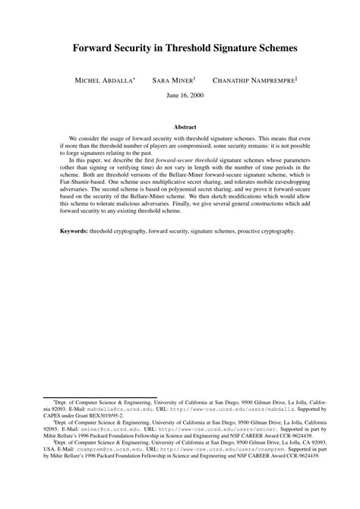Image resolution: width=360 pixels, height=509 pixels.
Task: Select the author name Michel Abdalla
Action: pos(104,79)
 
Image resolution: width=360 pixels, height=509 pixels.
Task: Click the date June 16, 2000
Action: pos(179,95)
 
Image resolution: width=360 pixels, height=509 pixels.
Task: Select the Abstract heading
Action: pos(180,128)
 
